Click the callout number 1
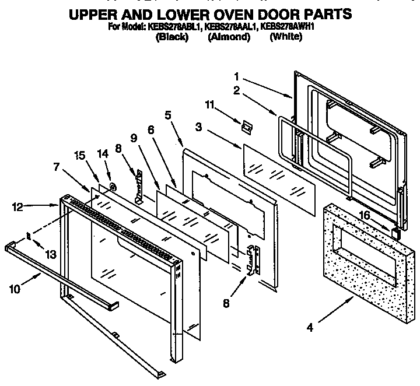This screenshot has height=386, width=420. pos(237,76)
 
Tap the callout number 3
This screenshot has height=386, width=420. pos(198,125)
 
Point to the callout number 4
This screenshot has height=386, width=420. pos(310,328)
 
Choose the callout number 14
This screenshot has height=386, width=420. pos(103,154)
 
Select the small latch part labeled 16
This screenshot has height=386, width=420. pos(395,234)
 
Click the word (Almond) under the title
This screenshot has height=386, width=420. pos(229,37)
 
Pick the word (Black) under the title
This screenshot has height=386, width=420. pos(172,37)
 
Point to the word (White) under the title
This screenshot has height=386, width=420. pos(286,37)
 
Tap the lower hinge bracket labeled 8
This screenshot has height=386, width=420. pos(252,259)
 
